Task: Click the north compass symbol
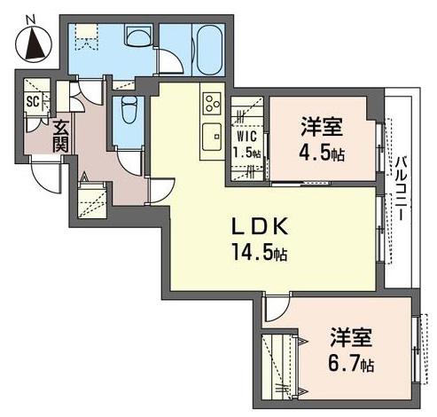coord(34,44)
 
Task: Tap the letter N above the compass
coord(30,20)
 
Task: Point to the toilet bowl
coord(129,110)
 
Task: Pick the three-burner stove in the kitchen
coord(212,104)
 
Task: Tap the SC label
coord(33,101)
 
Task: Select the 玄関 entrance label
coord(61,137)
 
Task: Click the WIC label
coord(247,137)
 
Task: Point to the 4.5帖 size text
coord(322,153)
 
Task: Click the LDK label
coord(260,227)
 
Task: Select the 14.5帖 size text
coord(260,252)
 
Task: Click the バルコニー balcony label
coord(402,189)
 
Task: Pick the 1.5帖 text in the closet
coord(247,153)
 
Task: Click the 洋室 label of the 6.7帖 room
coord(351,337)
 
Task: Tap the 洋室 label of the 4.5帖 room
coord(322,127)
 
